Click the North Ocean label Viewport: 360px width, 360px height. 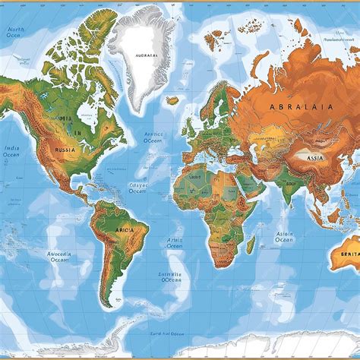[x=15, y=33]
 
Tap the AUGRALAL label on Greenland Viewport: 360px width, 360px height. [x=146, y=55]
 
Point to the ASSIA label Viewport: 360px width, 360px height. [x=314, y=158]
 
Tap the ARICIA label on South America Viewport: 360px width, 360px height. [x=122, y=229]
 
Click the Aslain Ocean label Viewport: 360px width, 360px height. [x=283, y=237]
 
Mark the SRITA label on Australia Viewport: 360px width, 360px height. [x=349, y=254]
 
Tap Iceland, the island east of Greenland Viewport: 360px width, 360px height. [x=173, y=99]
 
